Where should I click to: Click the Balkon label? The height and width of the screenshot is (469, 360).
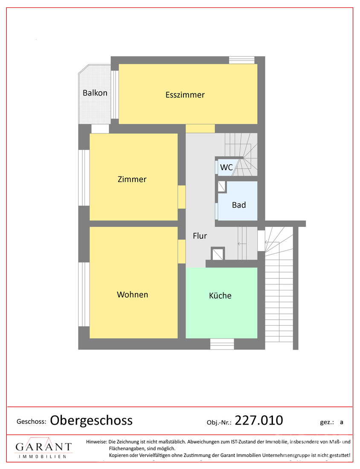click(95, 93)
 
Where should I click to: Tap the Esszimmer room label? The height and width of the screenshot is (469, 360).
click(185, 95)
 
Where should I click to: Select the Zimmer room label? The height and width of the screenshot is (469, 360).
click(132, 179)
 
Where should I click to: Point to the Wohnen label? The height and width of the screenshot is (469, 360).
click(132, 295)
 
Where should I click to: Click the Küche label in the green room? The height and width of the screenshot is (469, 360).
click(220, 295)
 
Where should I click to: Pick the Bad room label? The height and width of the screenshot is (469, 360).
click(239, 205)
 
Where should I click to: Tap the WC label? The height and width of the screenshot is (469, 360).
click(226, 167)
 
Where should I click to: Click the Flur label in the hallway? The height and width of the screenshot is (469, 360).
click(200, 236)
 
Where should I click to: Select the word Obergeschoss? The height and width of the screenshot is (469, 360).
click(91, 420)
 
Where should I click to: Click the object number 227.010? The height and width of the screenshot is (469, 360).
click(259, 420)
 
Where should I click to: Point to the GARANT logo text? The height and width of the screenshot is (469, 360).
click(44, 447)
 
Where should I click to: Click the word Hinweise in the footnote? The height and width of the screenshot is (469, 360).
click(96, 441)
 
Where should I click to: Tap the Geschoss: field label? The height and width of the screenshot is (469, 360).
click(32, 422)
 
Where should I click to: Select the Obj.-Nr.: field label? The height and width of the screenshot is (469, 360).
click(219, 423)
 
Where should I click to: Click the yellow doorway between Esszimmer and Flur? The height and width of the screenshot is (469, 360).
click(200, 129)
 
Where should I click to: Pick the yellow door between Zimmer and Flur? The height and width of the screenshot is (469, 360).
click(182, 197)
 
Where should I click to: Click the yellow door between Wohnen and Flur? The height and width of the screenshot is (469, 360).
click(182, 252)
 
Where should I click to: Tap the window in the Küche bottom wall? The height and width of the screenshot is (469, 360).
click(222, 344)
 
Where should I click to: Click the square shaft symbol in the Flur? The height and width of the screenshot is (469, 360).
click(218, 254)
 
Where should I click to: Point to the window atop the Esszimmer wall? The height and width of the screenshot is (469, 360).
click(242, 60)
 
